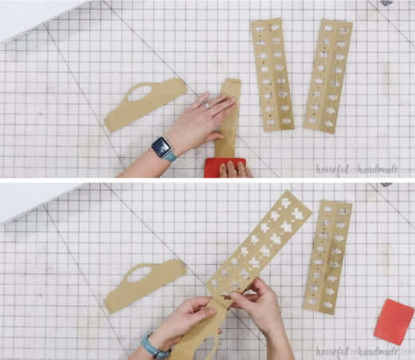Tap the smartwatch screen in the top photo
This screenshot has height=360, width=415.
point(161,146)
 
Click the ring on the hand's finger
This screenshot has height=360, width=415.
point(206,102)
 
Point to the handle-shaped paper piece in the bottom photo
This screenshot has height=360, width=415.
point(144,286)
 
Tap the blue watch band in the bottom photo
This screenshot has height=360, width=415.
point(151,345)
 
